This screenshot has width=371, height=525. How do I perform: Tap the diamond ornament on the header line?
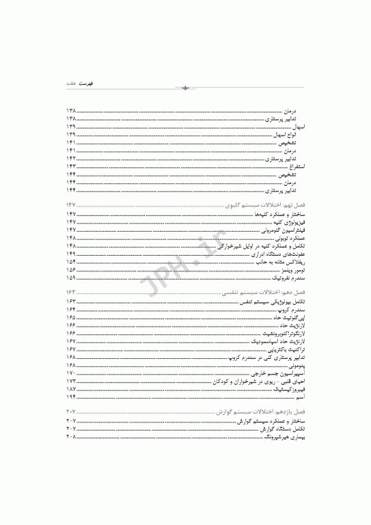tap(185, 88)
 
